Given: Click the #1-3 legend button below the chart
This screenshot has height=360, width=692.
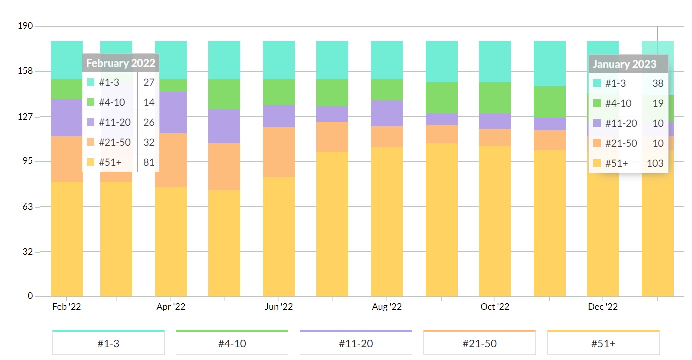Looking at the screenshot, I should point(108,343).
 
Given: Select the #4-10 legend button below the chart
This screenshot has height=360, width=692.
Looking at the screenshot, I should point(232,343).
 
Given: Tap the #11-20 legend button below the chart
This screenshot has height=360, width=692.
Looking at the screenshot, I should point(356,343).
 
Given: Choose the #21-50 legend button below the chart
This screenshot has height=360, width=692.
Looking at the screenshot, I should point(479,343).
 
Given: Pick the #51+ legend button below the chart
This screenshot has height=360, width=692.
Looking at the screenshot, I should point(603,343).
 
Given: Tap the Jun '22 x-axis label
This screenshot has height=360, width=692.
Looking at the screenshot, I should point(279,307).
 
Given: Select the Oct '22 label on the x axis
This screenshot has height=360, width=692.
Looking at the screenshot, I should point(495,307).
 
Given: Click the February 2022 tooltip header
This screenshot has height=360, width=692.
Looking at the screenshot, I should point(121,63).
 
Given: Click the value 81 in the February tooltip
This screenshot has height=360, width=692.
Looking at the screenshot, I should point(149,162).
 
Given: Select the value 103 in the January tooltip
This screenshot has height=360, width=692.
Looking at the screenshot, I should point(655,163).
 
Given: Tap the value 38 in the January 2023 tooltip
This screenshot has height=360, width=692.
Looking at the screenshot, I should point(658,83).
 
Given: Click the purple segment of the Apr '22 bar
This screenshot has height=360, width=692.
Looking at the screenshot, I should point(171,112).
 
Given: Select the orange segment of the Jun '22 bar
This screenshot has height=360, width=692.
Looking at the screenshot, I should point(279,152).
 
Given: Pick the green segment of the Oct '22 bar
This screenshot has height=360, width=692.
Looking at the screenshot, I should point(495,98).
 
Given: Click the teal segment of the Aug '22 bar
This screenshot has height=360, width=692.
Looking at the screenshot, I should point(387,60).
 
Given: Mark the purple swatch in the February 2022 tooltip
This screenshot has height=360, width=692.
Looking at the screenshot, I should point(90,122).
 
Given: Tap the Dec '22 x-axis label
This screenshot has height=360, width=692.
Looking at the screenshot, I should point(603,307).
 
